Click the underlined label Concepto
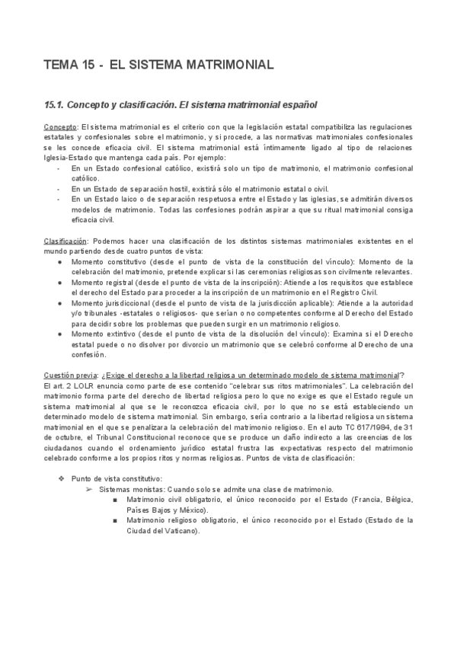pos(59,126)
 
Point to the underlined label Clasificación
pos(66,241)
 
